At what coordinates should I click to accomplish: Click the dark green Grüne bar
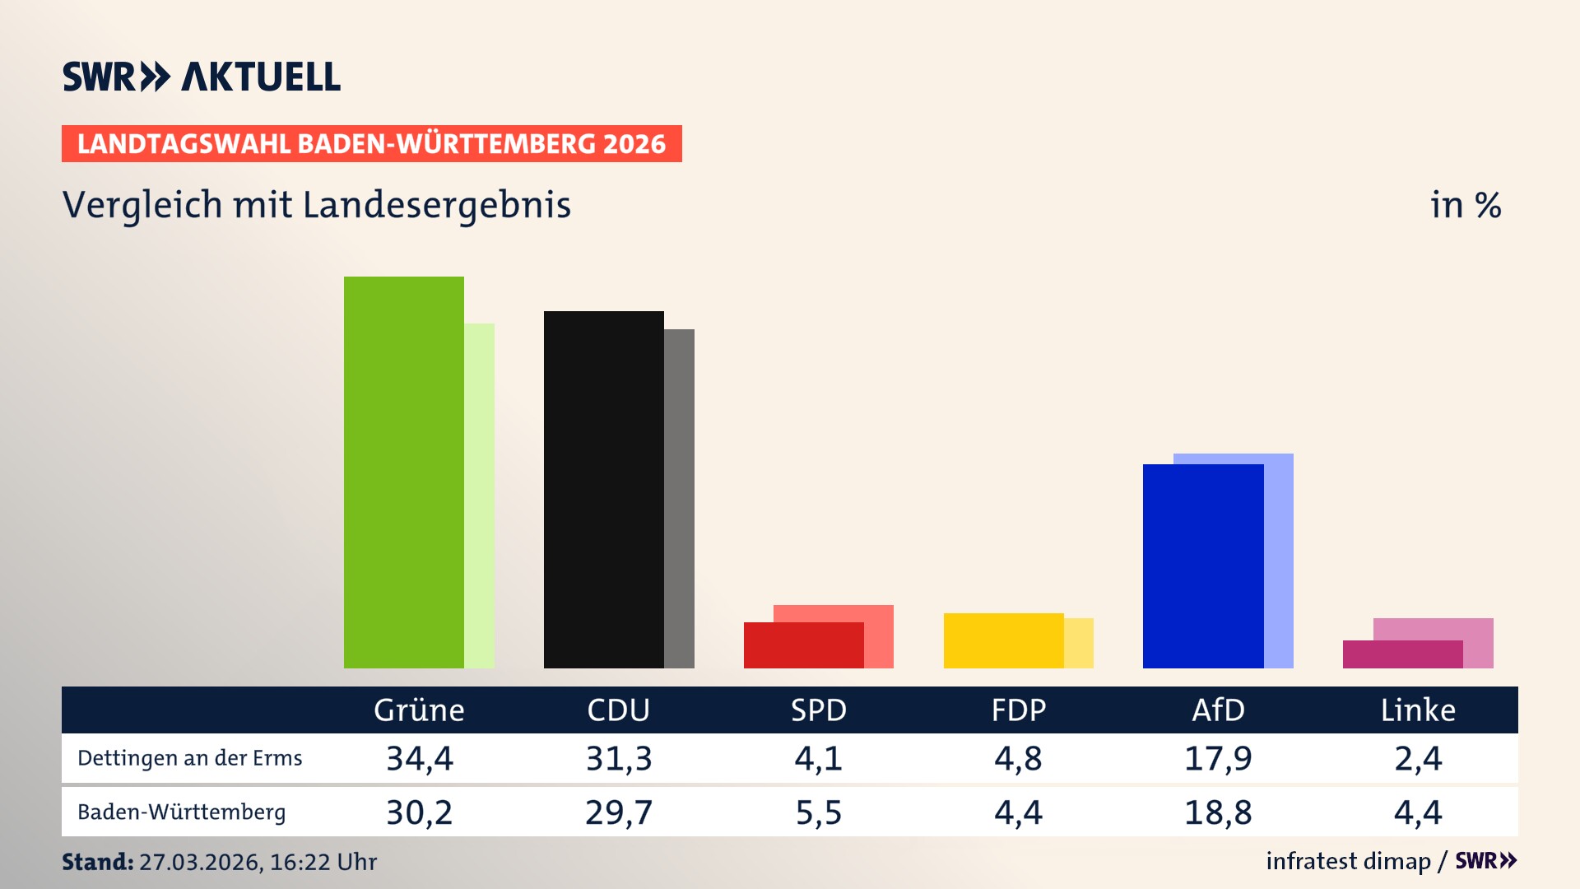(403, 472)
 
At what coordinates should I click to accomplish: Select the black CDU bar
(603, 490)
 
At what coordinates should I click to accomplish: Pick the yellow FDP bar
(1003, 640)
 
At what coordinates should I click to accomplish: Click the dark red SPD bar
(803, 645)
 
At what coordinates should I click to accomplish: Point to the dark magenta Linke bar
(1402, 654)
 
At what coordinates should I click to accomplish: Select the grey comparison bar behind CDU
(680, 499)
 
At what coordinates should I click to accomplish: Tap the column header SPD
(818, 710)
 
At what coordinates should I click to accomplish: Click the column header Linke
(1417, 710)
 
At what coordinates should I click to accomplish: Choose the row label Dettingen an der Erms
(189, 758)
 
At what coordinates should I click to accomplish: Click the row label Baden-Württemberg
(181, 812)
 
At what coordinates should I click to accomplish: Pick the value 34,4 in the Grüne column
(420, 758)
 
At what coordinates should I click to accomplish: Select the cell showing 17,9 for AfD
(1218, 758)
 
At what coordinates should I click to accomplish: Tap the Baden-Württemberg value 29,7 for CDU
(619, 812)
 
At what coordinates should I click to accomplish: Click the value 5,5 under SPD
(818, 812)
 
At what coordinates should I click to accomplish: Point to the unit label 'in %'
(1466, 206)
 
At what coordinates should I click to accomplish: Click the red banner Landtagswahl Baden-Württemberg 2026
(371, 144)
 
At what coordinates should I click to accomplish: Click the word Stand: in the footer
(97, 862)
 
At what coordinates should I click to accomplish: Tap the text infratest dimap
(1348, 861)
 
